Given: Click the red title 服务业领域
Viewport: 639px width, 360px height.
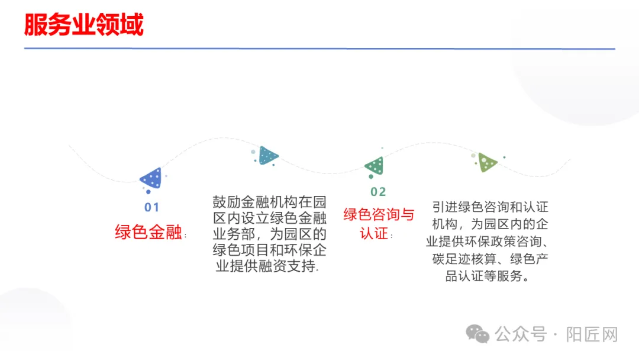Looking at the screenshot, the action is pos(83,25).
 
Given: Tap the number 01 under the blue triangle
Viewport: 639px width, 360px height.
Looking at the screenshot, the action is pos(152,208).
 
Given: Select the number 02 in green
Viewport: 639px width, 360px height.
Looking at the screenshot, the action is pos(378,192).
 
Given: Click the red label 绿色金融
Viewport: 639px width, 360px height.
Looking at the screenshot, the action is pos(149,232).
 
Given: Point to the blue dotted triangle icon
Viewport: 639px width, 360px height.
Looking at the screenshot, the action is pos(151,178).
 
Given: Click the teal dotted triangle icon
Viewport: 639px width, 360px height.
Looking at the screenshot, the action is pos(267,156).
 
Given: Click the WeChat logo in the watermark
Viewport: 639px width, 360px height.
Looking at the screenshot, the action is pos(477,334).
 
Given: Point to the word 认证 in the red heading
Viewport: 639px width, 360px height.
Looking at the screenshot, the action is pos(375,233).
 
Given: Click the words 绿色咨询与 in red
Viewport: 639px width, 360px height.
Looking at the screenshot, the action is pos(379,214).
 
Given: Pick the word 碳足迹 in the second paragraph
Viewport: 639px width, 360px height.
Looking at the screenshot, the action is pos(453,259).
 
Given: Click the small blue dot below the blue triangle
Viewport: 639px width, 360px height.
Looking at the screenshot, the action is pos(148,191).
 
